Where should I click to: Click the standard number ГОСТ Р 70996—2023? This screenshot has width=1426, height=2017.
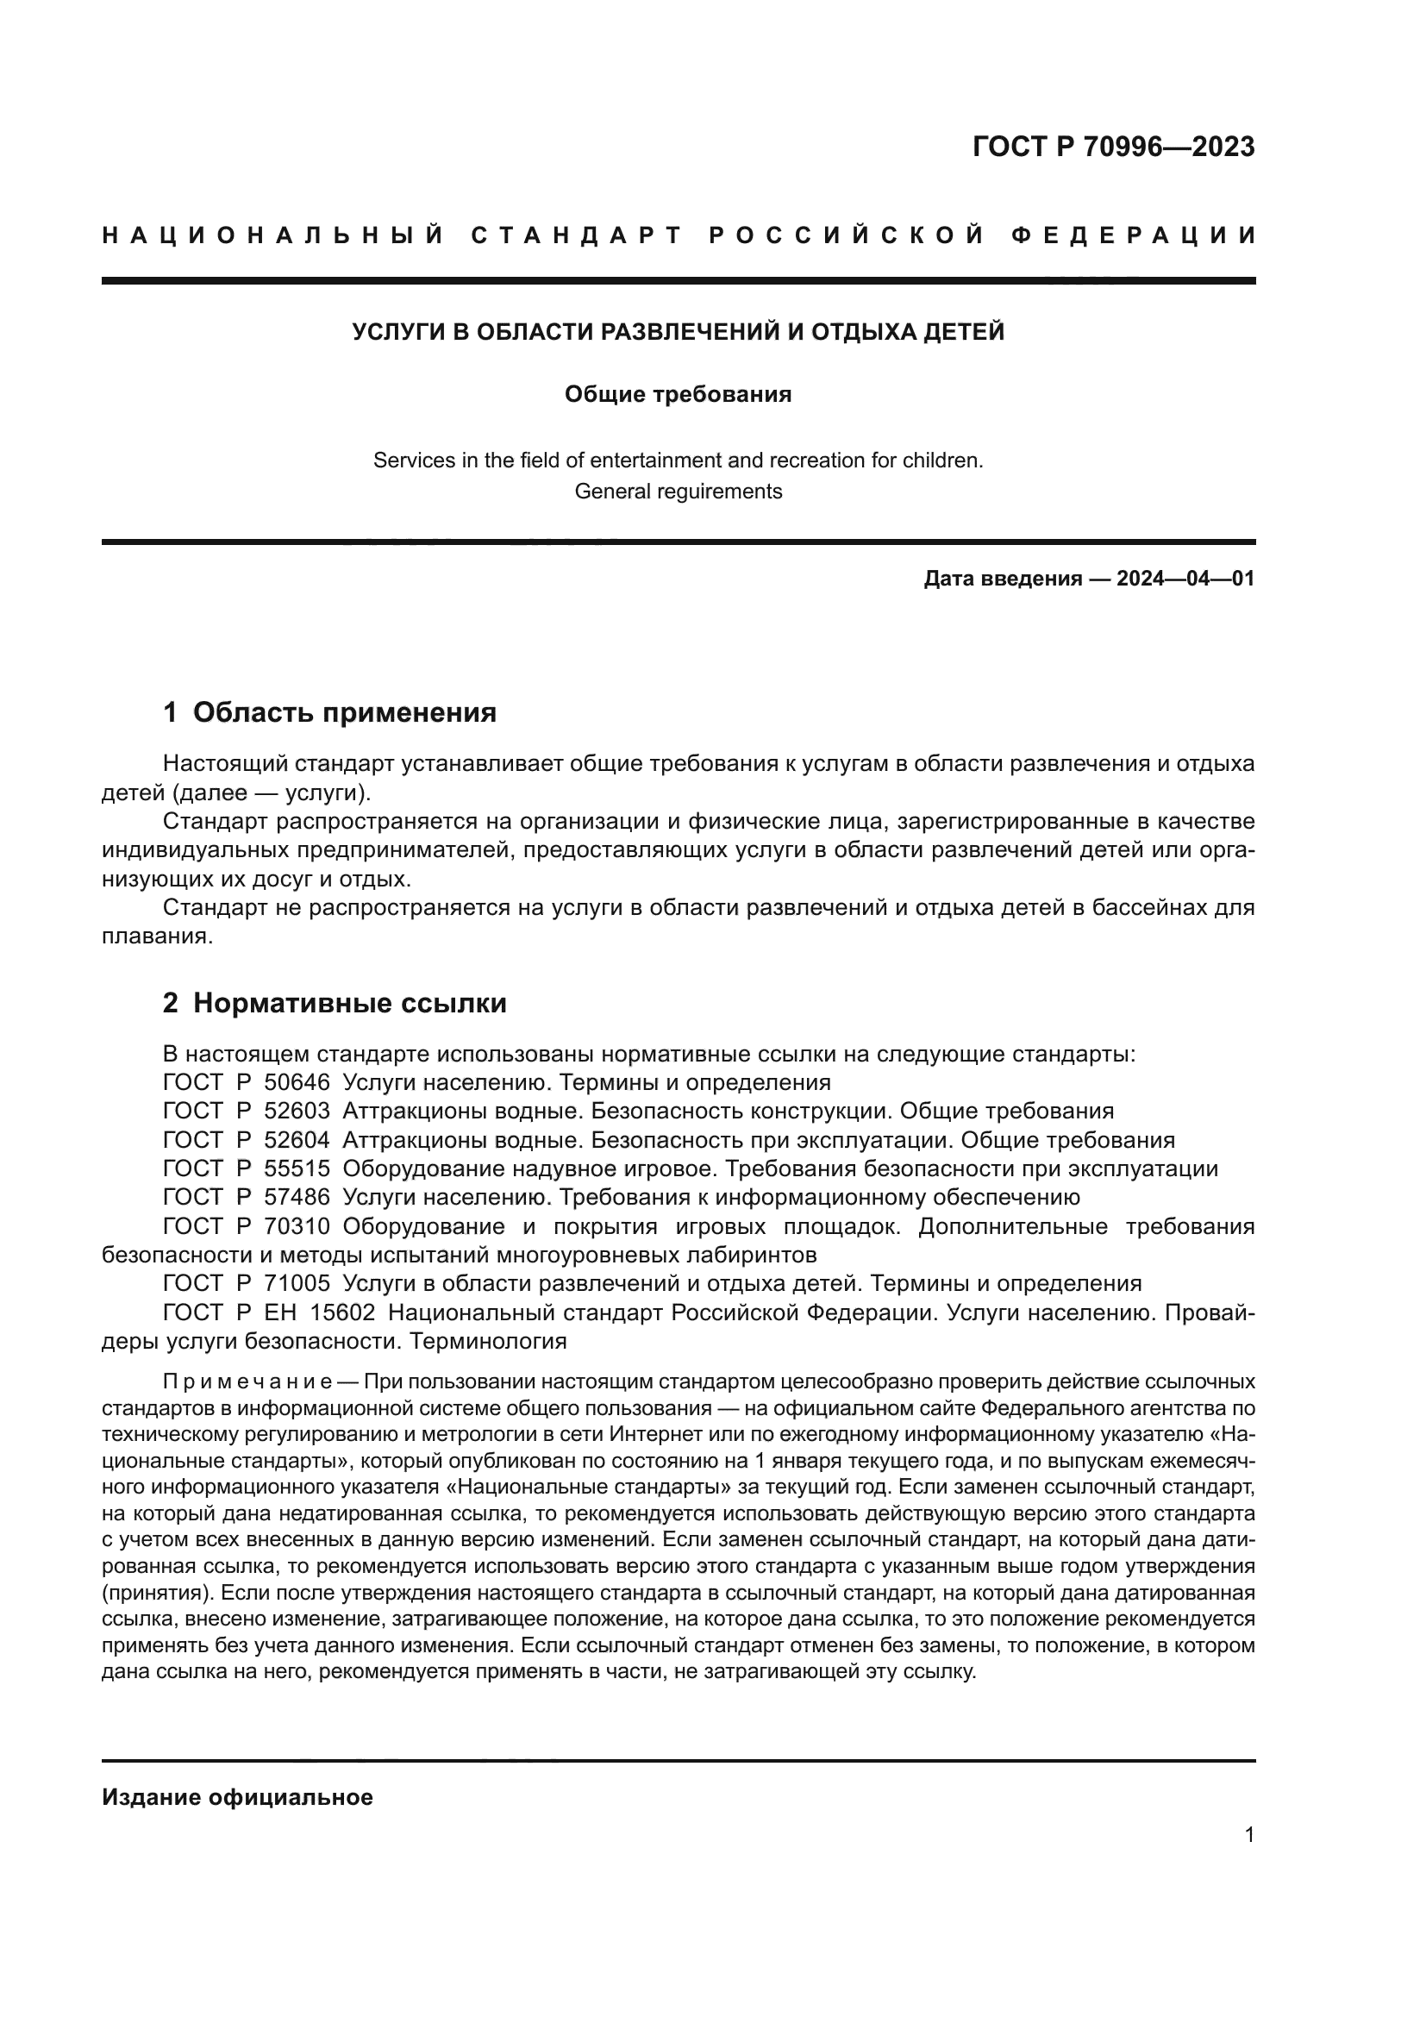click(x=1113, y=147)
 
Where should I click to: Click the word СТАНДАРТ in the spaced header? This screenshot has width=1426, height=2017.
click(x=577, y=235)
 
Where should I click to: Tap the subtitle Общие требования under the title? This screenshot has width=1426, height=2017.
click(x=678, y=394)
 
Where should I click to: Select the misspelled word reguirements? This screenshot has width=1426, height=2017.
click(x=727, y=491)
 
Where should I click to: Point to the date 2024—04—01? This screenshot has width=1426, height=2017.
click(x=1185, y=578)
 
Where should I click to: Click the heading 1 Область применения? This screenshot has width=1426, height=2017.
click(x=330, y=711)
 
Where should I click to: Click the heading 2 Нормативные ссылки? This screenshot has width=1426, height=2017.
click(x=335, y=1002)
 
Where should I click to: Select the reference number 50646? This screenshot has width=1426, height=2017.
click(x=297, y=1081)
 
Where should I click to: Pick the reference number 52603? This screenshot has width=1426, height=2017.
click(x=297, y=1111)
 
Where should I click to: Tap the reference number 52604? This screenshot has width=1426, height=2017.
click(x=297, y=1139)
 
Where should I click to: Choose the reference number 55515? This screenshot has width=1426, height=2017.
click(x=297, y=1168)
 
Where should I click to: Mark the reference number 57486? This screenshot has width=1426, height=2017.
click(x=297, y=1197)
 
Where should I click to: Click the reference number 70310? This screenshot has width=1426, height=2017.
click(x=297, y=1225)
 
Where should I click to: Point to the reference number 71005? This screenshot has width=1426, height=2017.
click(x=297, y=1283)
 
